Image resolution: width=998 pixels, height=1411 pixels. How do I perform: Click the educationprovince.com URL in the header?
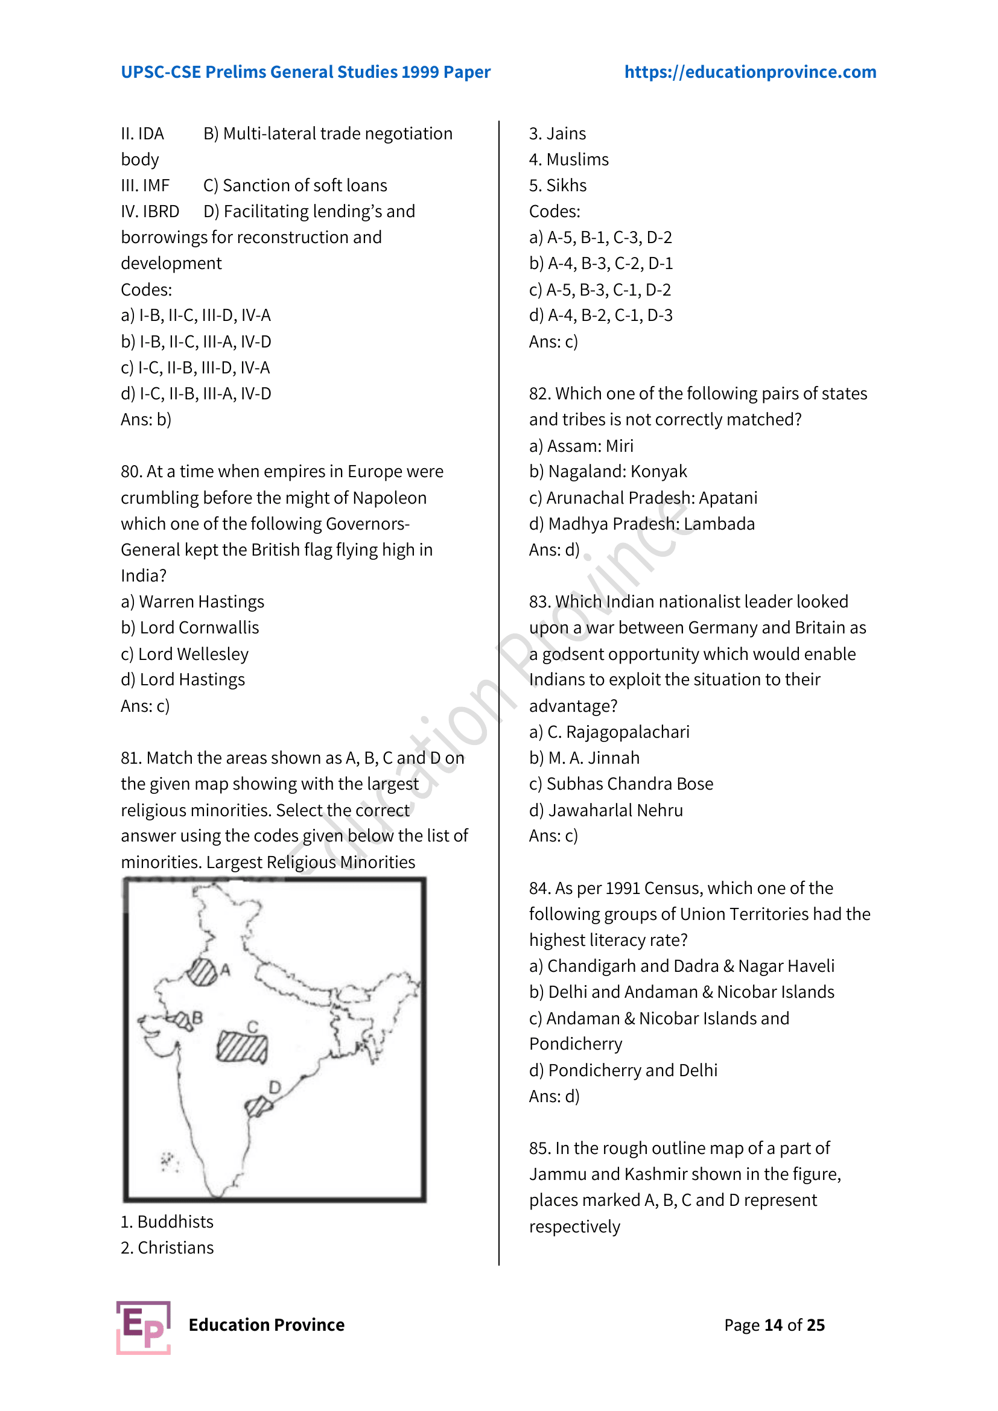tap(750, 72)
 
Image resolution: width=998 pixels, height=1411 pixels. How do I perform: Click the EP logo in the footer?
tap(143, 1327)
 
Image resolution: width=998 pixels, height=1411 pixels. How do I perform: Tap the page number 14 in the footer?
tap(773, 1325)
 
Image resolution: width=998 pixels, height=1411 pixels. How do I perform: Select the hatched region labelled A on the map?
tap(202, 972)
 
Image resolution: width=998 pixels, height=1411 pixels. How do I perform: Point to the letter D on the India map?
tap(275, 1087)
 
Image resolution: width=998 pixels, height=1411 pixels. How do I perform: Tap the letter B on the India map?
tap(197, 1018)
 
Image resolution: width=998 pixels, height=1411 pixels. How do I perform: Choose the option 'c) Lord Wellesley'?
tap(185, 654)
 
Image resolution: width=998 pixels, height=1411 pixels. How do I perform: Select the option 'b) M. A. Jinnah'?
tap(584, 758)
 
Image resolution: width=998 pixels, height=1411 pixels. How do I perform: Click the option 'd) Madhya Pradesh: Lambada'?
tap(641, 524)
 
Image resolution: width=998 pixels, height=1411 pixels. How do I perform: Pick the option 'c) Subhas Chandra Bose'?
tap(621, 784)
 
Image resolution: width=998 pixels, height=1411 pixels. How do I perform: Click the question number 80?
tap(131, 471)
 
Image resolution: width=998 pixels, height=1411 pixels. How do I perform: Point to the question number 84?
tap(539, 888)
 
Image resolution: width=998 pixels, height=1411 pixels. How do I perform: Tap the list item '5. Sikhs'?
tap(558, 185)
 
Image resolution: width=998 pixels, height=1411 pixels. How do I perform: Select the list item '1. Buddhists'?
tap(167, 1222)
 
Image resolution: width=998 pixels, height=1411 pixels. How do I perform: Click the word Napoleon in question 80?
tap(389, 498)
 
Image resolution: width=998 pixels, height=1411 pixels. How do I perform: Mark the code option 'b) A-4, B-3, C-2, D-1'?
tap(600, 263)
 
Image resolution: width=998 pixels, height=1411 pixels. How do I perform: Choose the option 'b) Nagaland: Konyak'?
tap(608, 471)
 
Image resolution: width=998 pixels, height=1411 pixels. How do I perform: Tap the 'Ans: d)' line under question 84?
tap(554, 1096)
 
